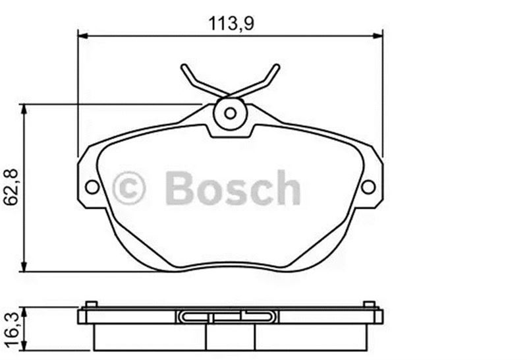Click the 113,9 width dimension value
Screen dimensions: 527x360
pyautogui.click(x=231, y=24)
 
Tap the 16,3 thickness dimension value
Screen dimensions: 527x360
pyautogui.click(x=12, y=329)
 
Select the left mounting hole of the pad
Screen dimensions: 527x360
pyautogui.click(x=92, y=187)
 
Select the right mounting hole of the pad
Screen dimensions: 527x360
pyautogui.click(x=368, y=187)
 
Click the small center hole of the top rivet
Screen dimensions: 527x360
pyautogui.click(x=230, y=113)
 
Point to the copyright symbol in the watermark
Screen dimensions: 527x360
pyautogui.click(x=128, y=188)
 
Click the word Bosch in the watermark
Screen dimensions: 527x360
pyautogui.click(x=233, y=187)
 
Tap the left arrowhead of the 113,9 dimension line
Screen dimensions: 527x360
pyautogui.click(x=83, y=36)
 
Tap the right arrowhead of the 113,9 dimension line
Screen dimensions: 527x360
pyautogui.click(x=377, y=36)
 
